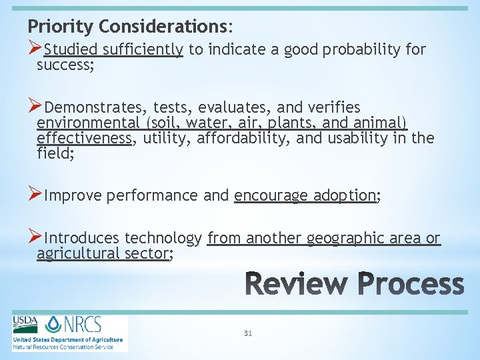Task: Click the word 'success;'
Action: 64,65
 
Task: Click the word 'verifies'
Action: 334,107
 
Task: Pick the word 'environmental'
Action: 83,123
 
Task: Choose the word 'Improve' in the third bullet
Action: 73,195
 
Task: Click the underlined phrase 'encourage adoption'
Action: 305,195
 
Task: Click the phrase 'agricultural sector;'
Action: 105,253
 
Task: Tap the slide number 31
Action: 248,333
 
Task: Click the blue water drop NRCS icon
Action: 53,325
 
